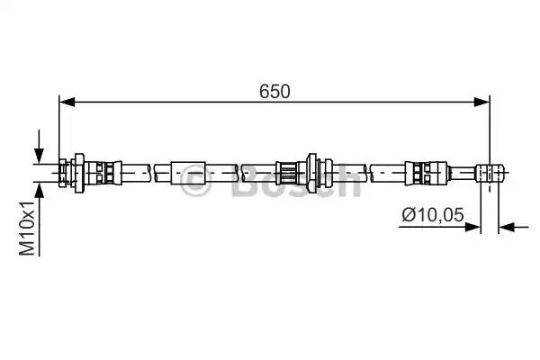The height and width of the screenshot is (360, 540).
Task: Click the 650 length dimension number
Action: pyautogui.click(x=274, y=92)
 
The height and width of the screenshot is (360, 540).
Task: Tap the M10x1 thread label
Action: pyautogui.click(x=27, y=229)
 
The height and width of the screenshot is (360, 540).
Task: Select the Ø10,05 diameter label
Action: pyautogui.click(x=433, y=215)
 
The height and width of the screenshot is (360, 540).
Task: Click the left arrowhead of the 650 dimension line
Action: pyautogui.click(x=67, y=102)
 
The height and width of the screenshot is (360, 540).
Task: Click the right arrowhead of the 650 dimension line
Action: pyautogui.click(x=481, y=102)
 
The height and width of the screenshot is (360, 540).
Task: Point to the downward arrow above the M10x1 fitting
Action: pyautogui.click(x=40, y=147)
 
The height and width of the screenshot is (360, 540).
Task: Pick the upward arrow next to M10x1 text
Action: pyautogui.click(x=40, y=219)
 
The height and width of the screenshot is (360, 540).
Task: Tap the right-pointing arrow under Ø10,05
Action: pyautogui.click(x=439, y=227)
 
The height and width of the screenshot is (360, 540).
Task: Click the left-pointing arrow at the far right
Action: pyautogui.click(x=514, y=227)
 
